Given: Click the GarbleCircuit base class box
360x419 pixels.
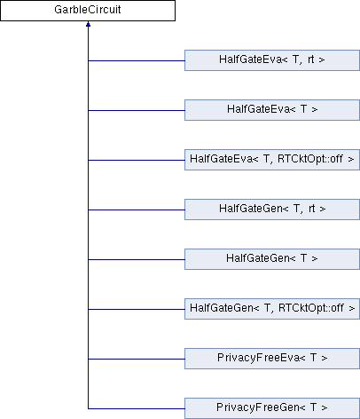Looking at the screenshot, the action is pyautogui.click(x=88, y=11).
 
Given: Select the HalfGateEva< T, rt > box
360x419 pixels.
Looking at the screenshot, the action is pyautogui.click(x=272, y=60).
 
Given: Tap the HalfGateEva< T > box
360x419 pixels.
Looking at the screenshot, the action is pyautogui.click(x=272, y=110).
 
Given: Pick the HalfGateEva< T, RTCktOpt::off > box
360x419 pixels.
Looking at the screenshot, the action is pyautogui.click(x=272, y=160).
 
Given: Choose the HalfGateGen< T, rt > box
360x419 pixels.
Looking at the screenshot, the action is pyautogui.click(x=272, y=209).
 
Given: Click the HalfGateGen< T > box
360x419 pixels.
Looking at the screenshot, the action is pyautogui.click(x=272, y=259).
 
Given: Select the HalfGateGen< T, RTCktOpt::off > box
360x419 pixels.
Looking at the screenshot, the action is pyautogui.click(x=272, y=309).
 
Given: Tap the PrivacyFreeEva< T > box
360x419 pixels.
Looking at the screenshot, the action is pyautogui.click(x=272, y=359).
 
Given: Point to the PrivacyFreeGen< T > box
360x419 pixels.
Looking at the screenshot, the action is pyautogui.click(x=272, y=408).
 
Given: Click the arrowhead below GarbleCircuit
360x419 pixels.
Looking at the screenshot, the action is pyautogui.click(x=88, y=24).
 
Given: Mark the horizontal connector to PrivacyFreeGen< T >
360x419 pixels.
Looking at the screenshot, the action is pyautogui.click(x=137, y=408).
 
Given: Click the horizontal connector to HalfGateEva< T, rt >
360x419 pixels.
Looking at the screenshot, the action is pyautogui.click(x=137, y=60).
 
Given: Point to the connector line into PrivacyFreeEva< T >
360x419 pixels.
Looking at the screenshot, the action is pyautogui.click(x=137, y=359).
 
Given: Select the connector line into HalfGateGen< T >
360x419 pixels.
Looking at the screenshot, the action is pyautogui.click(x=137, y=259).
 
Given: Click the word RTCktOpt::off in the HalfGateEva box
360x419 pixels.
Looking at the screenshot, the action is pyautogui.click(x=310, y=159).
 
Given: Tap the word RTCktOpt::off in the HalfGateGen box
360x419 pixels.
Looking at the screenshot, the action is pyautogui.click(x=311, y=308).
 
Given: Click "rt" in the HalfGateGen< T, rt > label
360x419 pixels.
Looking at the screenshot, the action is pyautogui.click(x=312, y=209).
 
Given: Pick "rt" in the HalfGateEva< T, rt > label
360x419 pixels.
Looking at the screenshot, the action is pyautogui.click(x=311, y=59).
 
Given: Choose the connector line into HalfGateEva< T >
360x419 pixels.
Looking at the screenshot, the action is pyautogui.click(x=137, y=110).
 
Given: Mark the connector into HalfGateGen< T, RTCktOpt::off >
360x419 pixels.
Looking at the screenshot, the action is pyautogui.click(x=137, y=309).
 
